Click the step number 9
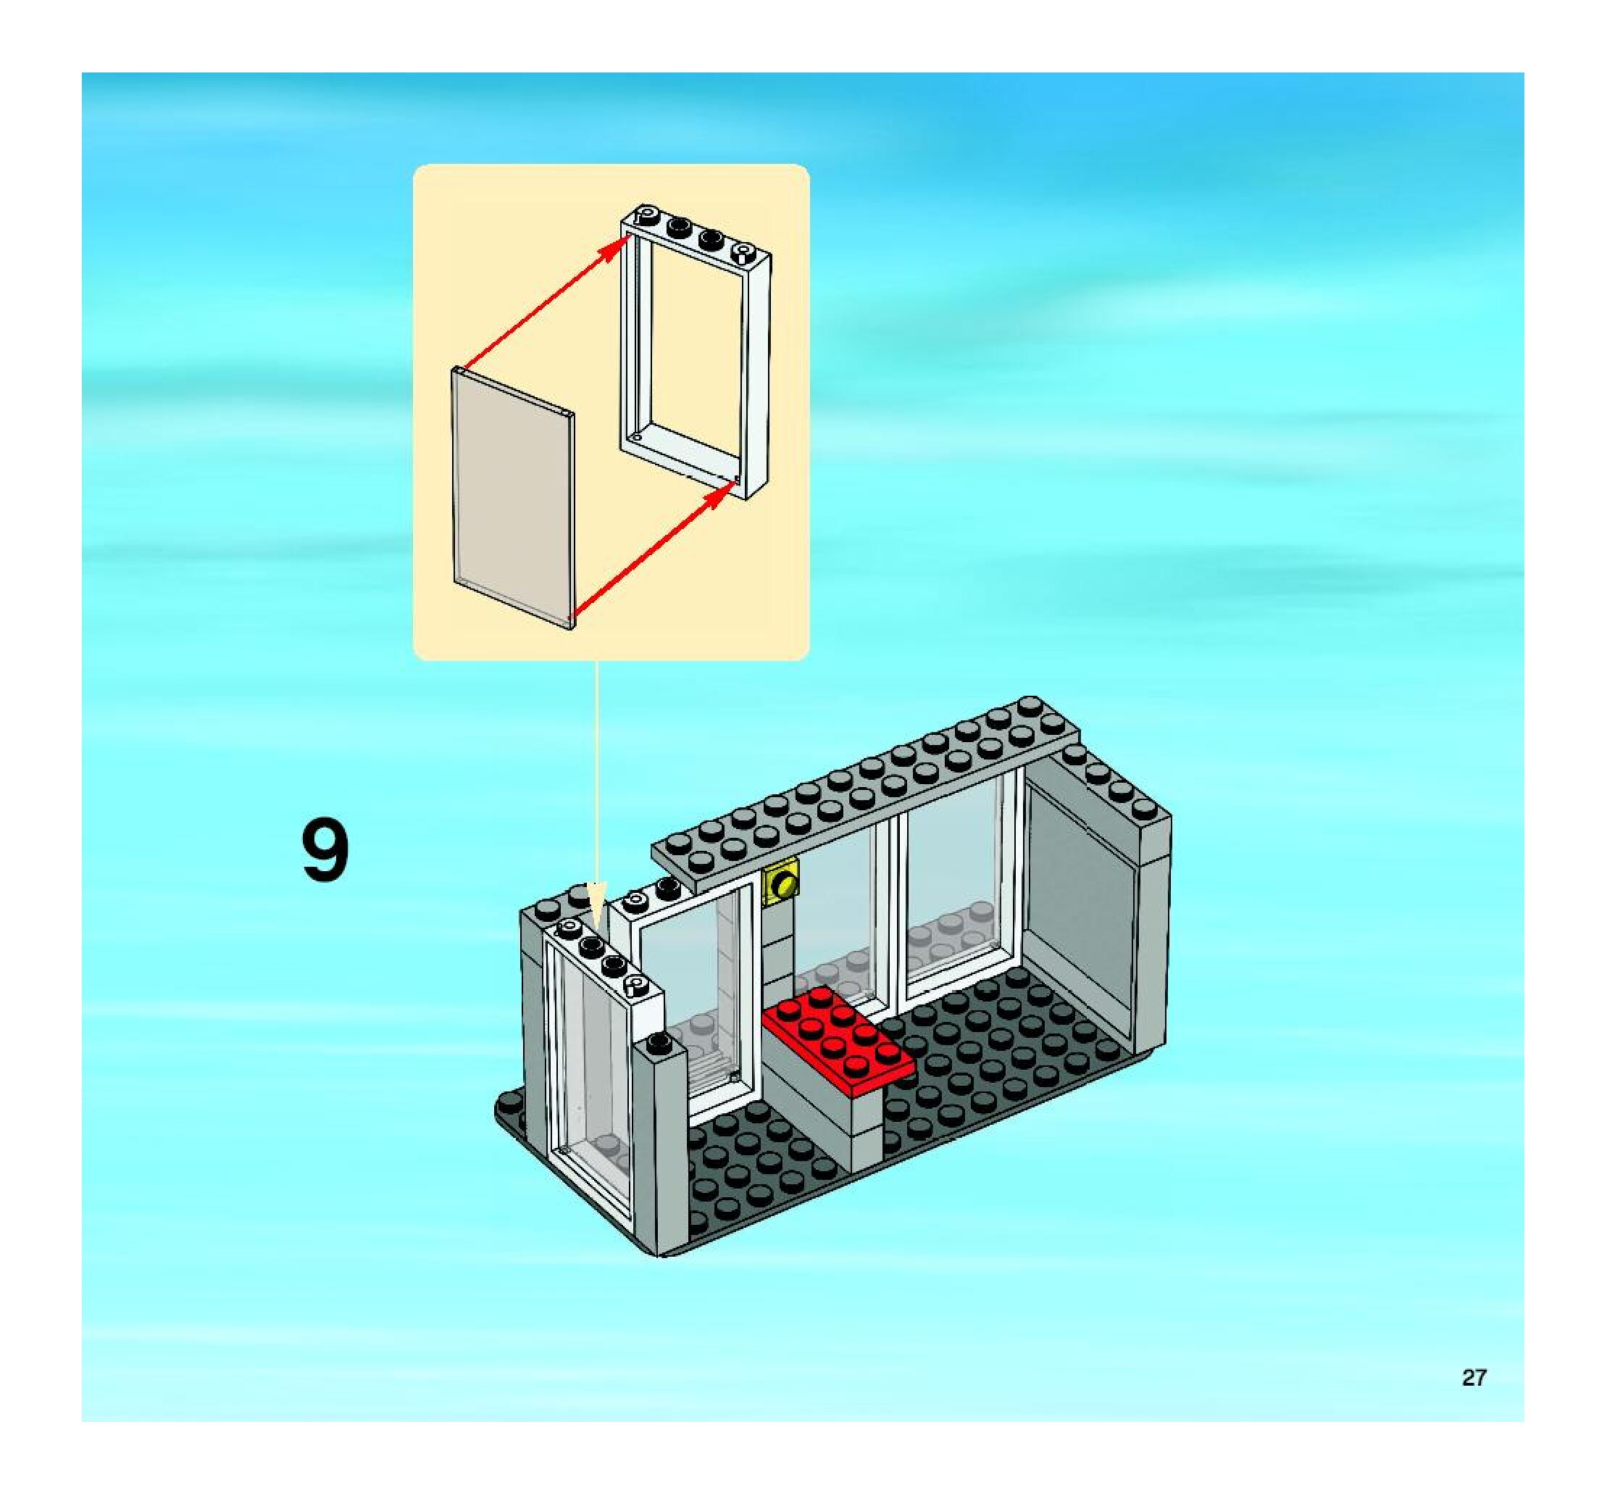tap(325, 852)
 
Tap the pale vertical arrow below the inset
tap(596, 808)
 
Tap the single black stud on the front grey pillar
tap(659, 1043)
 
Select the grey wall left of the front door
tap(533, 1018)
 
